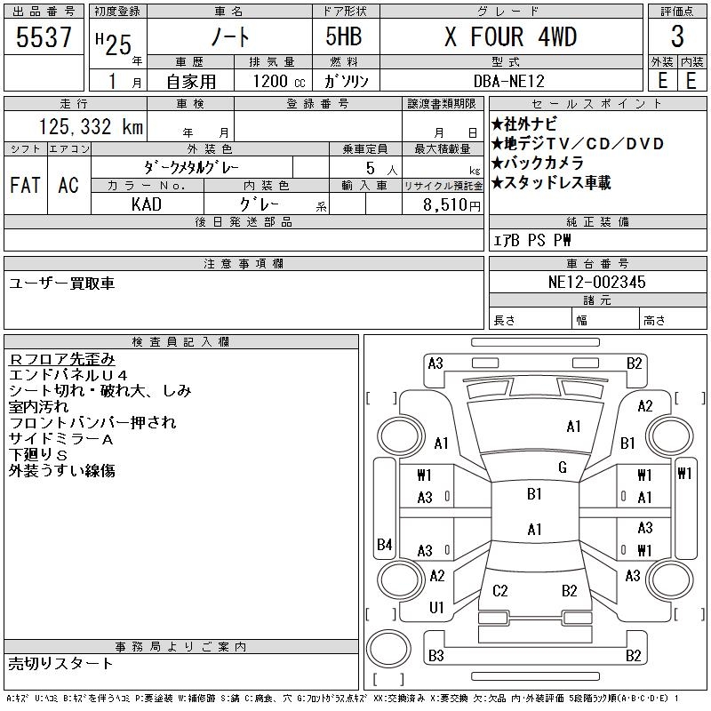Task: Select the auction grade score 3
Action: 677,37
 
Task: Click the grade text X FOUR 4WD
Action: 510,37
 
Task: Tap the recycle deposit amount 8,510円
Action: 443,204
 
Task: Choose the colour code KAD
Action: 146,204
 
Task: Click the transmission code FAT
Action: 25,185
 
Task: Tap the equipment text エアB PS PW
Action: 532,240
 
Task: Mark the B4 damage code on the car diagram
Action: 384,544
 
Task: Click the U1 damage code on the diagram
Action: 436,607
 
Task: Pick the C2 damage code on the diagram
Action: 500,590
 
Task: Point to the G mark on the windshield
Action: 562,467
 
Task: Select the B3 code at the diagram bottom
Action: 435,656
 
